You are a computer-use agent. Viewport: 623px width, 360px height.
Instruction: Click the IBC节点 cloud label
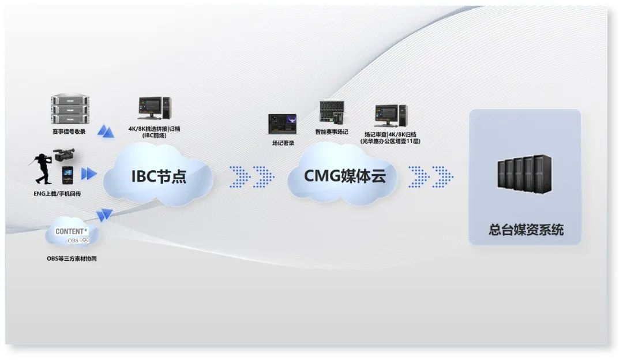(158, 175)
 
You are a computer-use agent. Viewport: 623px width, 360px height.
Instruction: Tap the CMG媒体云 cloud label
(345, 175)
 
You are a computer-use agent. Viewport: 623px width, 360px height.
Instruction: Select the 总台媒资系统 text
(526, 230)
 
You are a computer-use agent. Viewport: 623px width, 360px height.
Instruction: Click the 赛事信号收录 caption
(69, 132)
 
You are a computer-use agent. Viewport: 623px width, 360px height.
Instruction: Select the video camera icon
(63, 154)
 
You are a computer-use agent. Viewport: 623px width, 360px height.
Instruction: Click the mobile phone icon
(68, 175)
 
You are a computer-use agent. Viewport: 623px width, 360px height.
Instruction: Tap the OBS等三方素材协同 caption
(72, 259)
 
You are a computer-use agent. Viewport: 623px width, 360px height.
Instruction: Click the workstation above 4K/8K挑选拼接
(154, 110)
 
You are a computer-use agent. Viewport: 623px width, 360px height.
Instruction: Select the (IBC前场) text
(153, 136)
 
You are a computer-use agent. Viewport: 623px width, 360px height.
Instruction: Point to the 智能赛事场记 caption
(332, 132)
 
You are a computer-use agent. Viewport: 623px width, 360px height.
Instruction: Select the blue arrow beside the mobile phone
(88, 174)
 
